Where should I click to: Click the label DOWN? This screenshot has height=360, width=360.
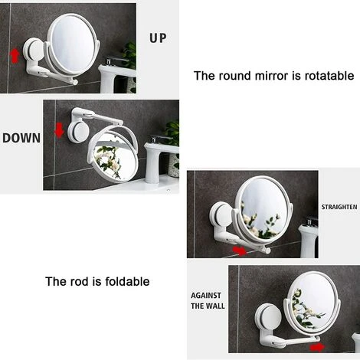click(21, 139)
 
